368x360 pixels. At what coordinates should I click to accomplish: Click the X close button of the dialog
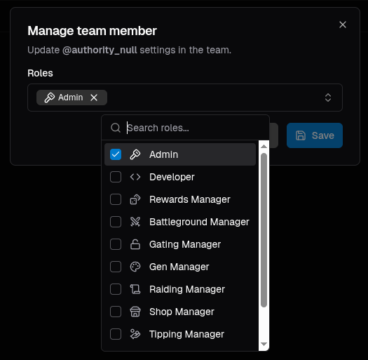[x=343, y=25]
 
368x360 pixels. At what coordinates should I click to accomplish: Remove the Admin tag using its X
[x=94, y=98]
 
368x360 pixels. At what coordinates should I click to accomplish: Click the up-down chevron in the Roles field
[x=328, y=98]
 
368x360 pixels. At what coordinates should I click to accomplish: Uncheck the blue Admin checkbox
[x=116, y=154]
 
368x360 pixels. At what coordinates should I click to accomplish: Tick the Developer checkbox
[x=116, y=177]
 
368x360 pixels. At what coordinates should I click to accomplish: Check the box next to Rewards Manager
[x=116, y=199]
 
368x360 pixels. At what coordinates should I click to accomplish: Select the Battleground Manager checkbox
[x=116, y=222]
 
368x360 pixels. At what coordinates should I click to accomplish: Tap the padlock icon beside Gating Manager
[x=135, y=244]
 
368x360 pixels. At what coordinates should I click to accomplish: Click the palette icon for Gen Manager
[x=135, y=267]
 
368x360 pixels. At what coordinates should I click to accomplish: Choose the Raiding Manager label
[x=187, y=289]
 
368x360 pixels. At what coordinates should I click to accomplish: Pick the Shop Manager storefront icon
[x=135, y=312]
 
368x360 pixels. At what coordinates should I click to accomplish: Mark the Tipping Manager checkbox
[x=116, y=334]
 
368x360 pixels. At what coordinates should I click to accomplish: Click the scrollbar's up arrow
[x=264, y=147]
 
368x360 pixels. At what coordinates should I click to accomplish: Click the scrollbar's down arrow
[x=264, y=345]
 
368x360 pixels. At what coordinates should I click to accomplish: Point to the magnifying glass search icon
[x=116, y=128]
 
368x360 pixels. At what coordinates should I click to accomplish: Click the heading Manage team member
[x=92, y=31]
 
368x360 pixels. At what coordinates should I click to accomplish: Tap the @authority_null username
[x=100, y=50]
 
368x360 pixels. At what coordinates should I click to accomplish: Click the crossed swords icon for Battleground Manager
[x=135, y=222]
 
